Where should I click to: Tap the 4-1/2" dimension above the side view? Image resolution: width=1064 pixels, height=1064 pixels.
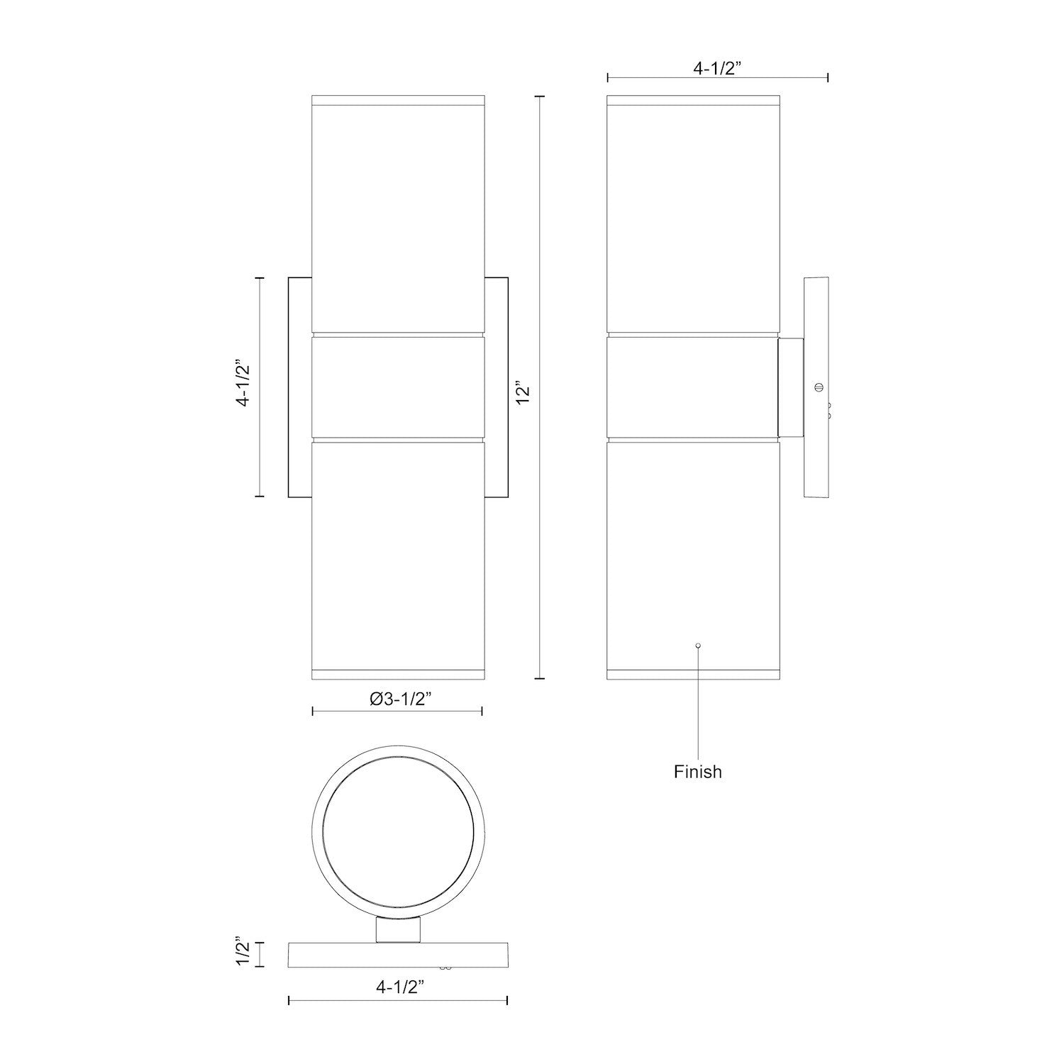(717, 69)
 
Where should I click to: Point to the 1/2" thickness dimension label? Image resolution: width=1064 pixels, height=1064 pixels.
(243, 953)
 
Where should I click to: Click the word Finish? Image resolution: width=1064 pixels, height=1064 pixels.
(697, 772)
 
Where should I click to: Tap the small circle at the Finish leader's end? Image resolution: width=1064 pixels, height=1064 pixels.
(699, 645)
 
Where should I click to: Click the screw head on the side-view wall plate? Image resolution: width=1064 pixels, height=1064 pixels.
(819, 387)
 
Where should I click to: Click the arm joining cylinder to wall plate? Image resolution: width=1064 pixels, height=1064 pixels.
(790, 387)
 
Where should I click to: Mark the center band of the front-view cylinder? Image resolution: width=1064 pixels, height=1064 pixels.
(397, 387)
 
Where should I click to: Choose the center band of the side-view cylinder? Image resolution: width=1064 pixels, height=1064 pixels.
(692, 387)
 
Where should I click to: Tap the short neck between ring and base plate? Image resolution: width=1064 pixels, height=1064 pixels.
(398, 929)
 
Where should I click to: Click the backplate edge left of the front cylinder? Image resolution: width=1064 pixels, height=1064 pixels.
(299, 387)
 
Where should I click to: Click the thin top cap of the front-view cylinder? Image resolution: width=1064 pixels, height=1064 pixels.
(397, 99)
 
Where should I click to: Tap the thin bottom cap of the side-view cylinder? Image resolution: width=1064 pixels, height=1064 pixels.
(694, 674)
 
